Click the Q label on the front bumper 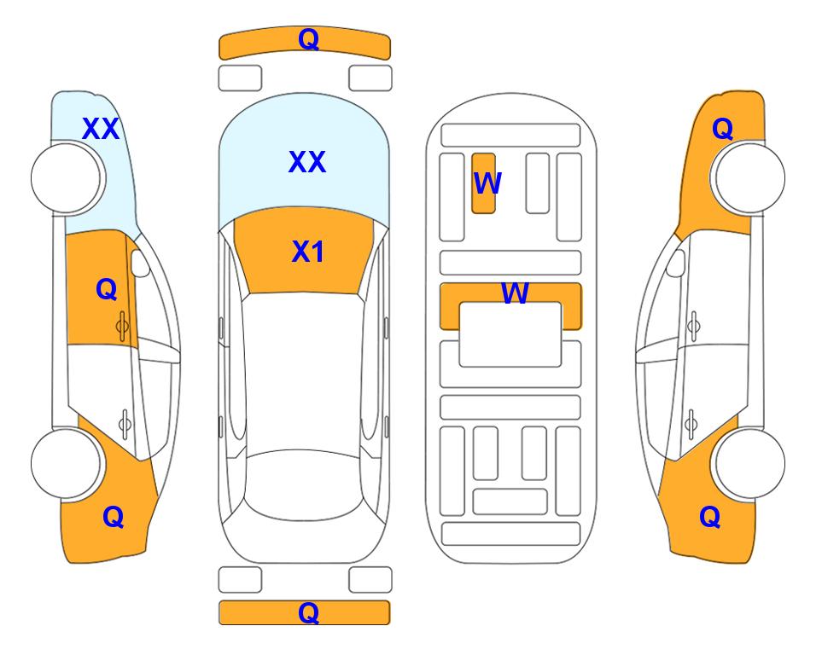pyautogui.click(x=309, y=39)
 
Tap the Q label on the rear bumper pyautogui.click(x=309, y=612)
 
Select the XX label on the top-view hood pyautogui.click(x=307, y=162)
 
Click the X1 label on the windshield pyautogui.click(x=308, y=252)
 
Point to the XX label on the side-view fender pyautogui.click(x=101, y=129)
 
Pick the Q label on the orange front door pyautogui.click(x=107, y=289)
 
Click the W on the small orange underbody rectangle pyautogui.click(x=487, y=183)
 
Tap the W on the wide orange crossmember pyautogui.click(x=515, y=293)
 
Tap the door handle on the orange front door pyautogui.click(x=123, y=326)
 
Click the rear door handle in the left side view pyautogui.click(x=125, y=424)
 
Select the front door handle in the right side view pyautogui.click(x=693, y=326)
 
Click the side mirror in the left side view pyautogui.click(x=140, y=263)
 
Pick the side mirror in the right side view pyautogui.click(x=676, y=263)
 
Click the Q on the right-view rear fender pyautogui.click(x=710, y=517)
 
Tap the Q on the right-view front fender pyautogui.click(x=722, y=129)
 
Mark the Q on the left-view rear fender pyautogui.click(x=114, y=517)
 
